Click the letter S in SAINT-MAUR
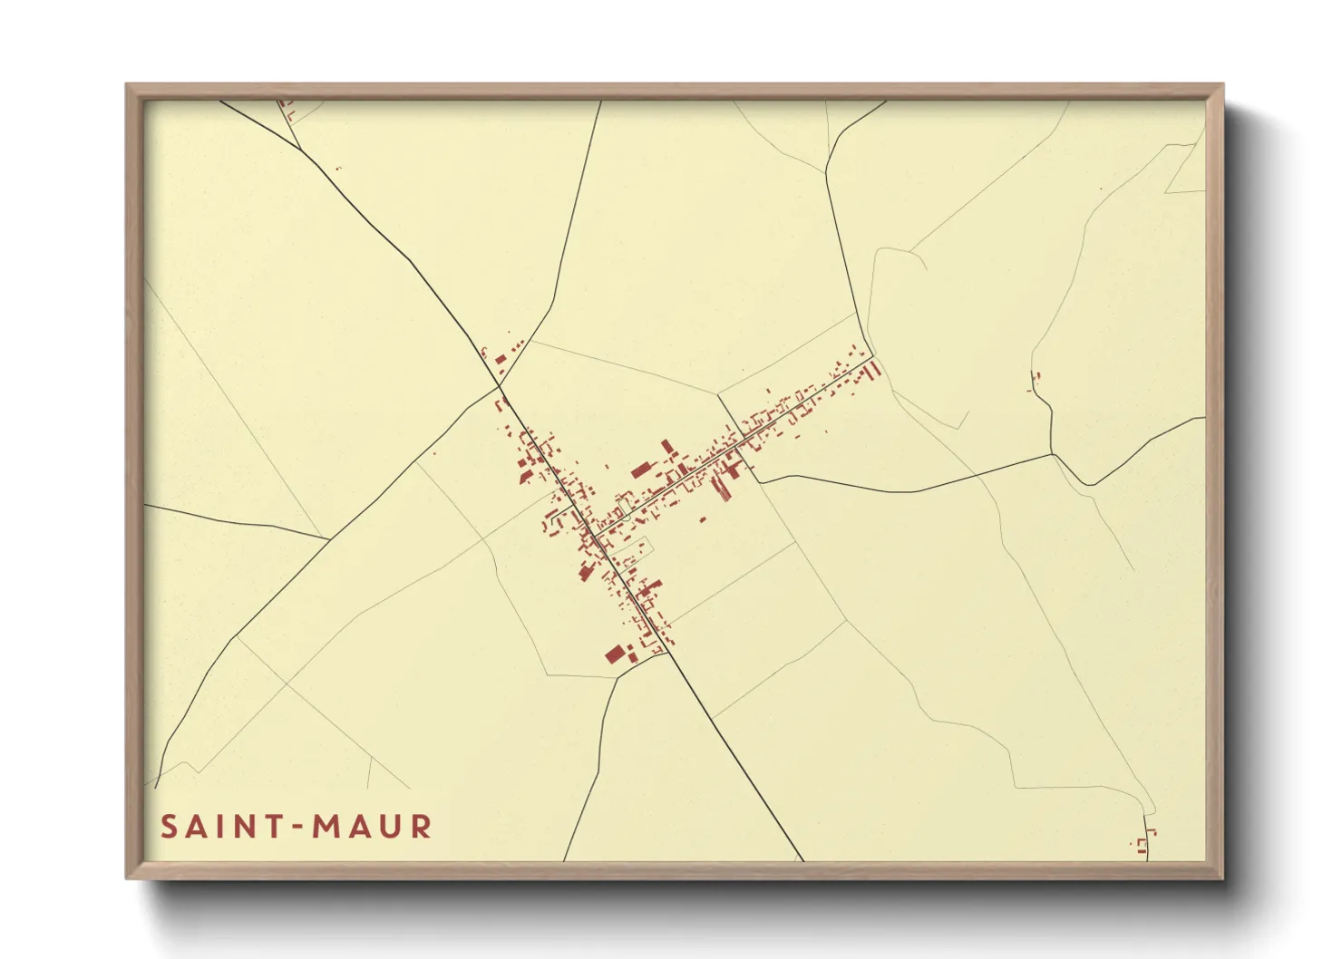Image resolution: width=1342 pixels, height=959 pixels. click(169, 827)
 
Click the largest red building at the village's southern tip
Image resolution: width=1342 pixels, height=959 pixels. click(616, 653)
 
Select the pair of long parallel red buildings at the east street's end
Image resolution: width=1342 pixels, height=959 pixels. click(874, 370)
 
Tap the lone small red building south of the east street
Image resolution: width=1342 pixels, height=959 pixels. click(702, 519)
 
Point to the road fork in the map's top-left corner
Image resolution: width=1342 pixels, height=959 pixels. click(300, 149)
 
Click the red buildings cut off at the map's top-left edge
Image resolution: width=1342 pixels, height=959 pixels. click(288, 110)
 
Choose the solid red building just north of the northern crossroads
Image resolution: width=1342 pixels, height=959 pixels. click(501, 359)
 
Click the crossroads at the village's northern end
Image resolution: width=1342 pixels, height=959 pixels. click(500, 386)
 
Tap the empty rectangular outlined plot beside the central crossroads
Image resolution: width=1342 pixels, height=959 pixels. click(629, 547)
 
